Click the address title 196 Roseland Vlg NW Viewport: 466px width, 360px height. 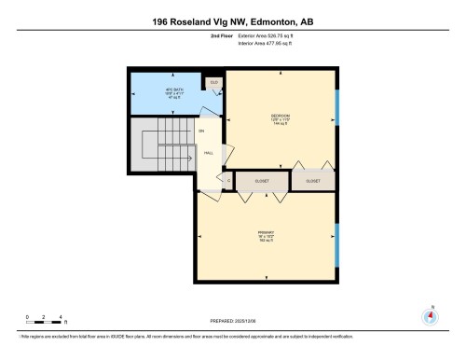point(232,20)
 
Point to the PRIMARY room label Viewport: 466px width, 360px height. point(266,233)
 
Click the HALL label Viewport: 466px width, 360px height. point(209,153)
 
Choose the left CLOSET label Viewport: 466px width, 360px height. point(263,180)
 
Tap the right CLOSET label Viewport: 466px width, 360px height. point(313,180)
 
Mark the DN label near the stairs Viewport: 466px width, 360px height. point(200,131)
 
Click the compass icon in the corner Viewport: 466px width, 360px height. point(430,314)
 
